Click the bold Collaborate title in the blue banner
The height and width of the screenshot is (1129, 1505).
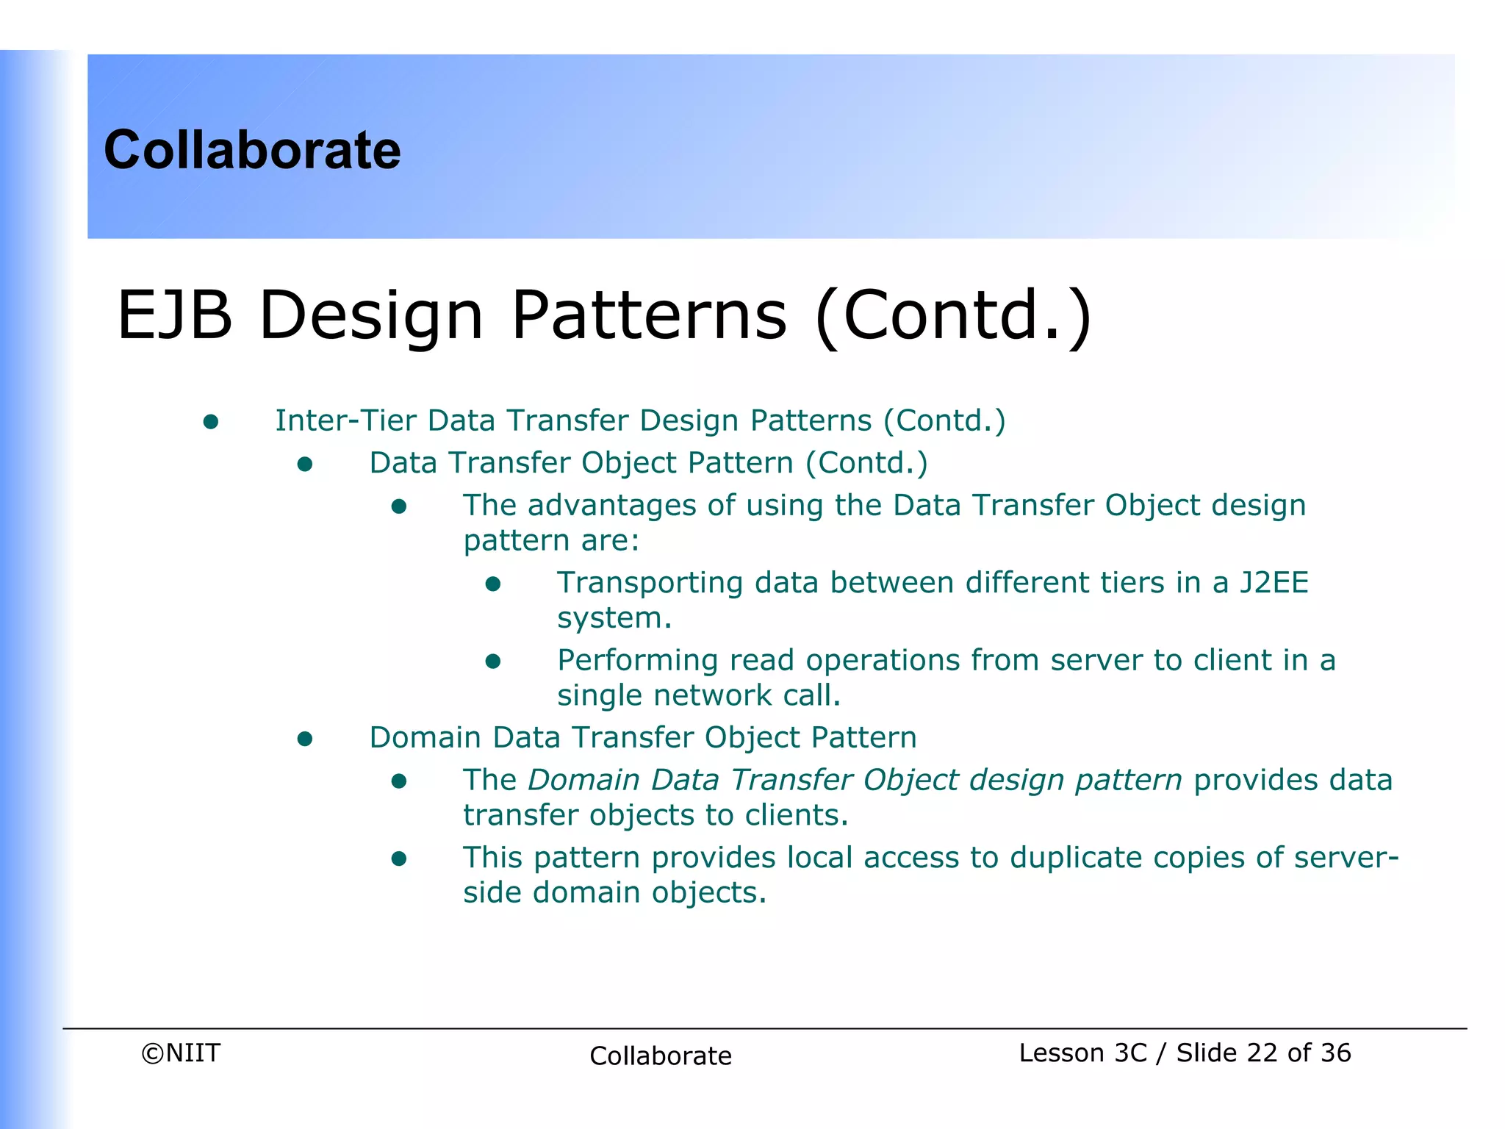tap(252, 150)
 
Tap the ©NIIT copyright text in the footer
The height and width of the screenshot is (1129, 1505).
tap(181, 1053)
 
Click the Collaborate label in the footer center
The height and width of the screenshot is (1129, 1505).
tap(660, 1055)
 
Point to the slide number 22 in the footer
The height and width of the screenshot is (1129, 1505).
tap(1262, 1053)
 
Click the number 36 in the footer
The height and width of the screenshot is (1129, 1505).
tap(1335, 1053)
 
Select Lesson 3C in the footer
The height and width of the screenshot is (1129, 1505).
tap(1082, 1053)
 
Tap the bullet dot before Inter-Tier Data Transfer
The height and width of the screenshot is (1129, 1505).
tap(211, 421)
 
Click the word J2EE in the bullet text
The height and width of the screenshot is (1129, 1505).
tap(1274, 582)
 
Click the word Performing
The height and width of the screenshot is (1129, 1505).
tap(637, 661)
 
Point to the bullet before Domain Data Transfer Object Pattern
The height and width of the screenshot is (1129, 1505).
tap(305, 739)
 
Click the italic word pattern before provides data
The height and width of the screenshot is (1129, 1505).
tap(1128, 781)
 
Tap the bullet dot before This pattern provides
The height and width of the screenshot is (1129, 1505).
tap(399, 859)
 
